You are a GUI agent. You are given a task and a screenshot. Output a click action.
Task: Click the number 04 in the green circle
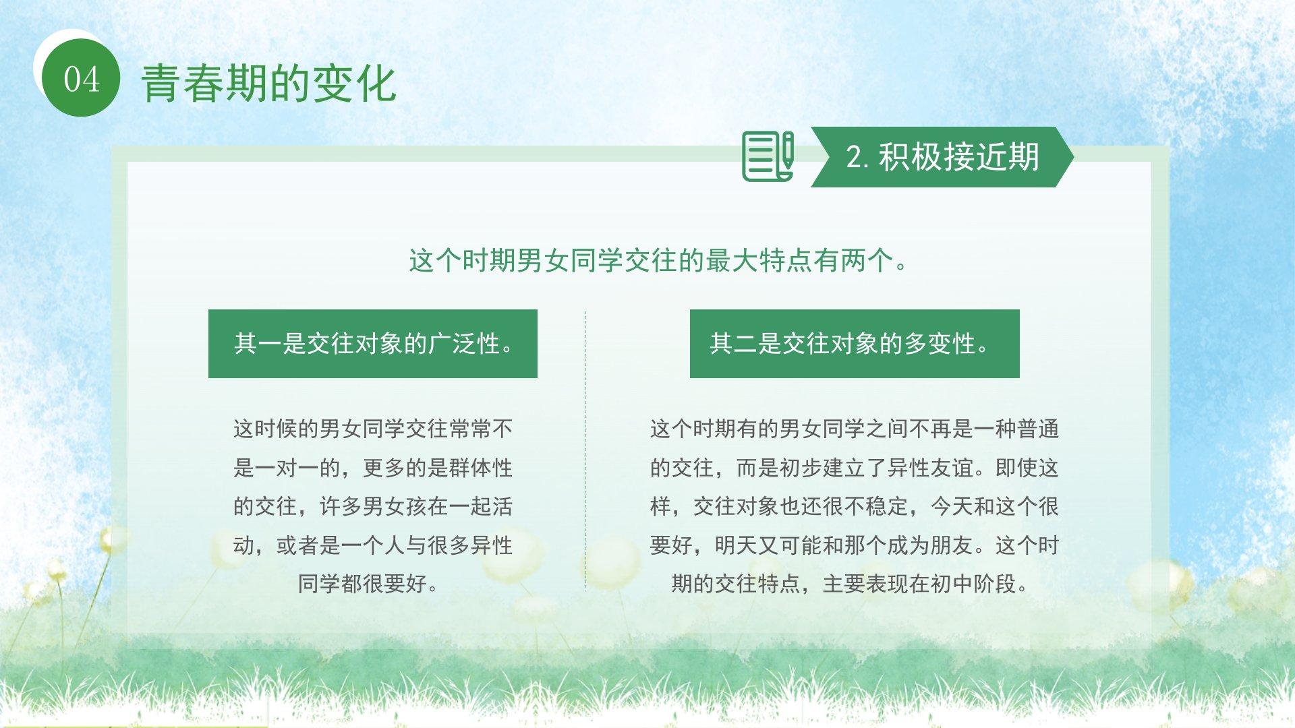(x=82, y=80)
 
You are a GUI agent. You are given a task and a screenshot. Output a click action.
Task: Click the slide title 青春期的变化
(x=268, y=84)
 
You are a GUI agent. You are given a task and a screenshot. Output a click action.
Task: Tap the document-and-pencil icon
(x=768, y=156)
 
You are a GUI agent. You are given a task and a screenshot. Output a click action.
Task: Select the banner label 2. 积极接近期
(x=942, y=156)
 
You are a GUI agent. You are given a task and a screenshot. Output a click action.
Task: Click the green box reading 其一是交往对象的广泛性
(x=373, y=344)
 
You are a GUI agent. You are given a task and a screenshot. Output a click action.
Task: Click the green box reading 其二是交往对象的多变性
(x=855, y=344)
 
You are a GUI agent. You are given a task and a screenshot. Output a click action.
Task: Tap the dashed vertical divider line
(x=585, y=450)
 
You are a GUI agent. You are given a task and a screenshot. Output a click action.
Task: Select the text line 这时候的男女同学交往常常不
(x=373, y=429)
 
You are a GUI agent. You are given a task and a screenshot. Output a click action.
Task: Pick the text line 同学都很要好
(x=368, y=584)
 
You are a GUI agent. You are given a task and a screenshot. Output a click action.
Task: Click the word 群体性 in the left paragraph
(x=481, y=468)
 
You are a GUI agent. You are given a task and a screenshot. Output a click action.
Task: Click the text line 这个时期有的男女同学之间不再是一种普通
(x=855, y=429)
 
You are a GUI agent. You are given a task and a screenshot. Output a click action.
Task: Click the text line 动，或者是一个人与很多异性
(x=373, y=545)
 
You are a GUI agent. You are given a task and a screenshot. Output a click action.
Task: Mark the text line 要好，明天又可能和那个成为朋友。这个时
(x=855, y=545)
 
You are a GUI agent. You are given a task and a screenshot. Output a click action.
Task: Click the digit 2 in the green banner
(x=854, y=158)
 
